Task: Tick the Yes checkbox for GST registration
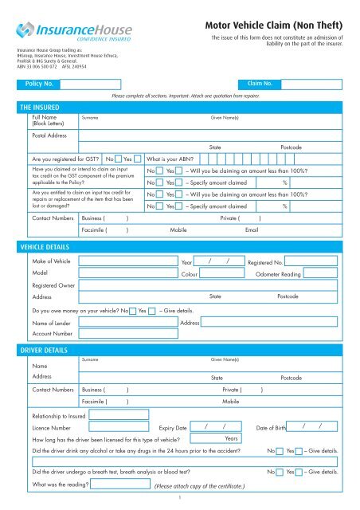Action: (139, 159)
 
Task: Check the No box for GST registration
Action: (118, 159)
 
